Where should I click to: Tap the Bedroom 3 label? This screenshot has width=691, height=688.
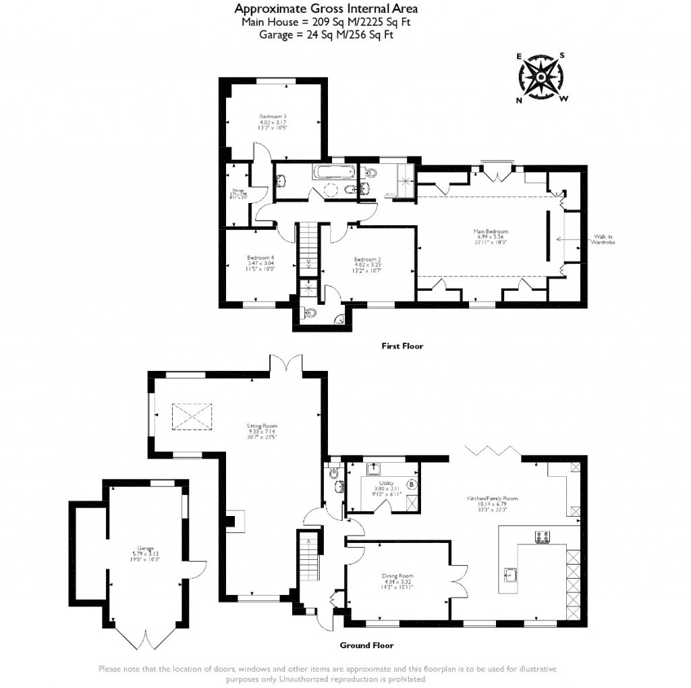pos(273,122)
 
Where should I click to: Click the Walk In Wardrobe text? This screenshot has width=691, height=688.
pos(604,239)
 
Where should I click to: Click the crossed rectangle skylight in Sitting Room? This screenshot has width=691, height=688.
pos(192,415)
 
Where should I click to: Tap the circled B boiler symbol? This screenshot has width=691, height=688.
pos(411,484)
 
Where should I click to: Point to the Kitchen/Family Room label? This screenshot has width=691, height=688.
pos(492,502)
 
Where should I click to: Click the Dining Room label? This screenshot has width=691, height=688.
pos(397,580)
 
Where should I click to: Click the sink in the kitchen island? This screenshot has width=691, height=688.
pos(512,574)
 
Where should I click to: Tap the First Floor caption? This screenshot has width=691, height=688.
pos(402,346)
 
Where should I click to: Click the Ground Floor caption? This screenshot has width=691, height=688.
pos(366,646)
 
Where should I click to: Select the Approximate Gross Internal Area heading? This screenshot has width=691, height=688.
pos(326,9)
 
